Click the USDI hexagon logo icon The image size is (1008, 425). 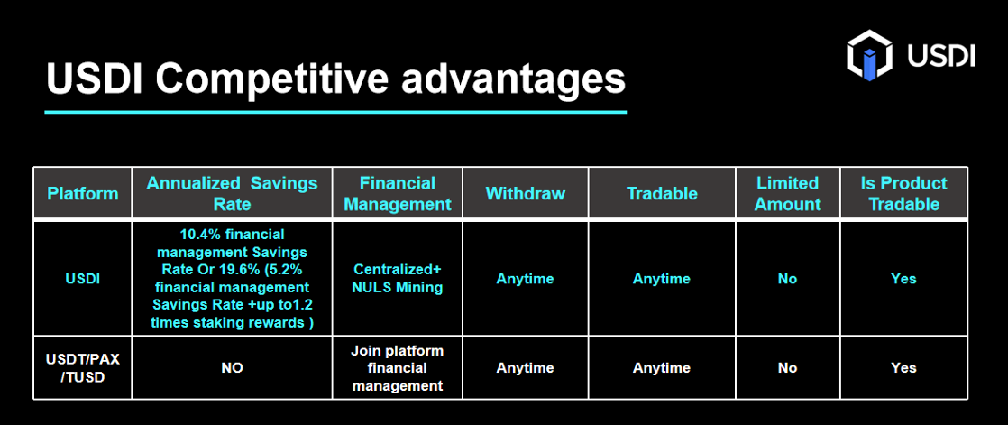click(870, 55)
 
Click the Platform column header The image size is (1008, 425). click(83, 193)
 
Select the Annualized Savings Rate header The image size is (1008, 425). click(232, 193)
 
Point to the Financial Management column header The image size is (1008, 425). click(398, 193)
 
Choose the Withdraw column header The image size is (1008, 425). click(526, 193)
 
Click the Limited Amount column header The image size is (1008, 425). click(787, 193)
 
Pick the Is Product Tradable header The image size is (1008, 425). click(903, 193)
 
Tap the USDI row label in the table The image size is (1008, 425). click(83, 279)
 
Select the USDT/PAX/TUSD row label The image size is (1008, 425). click(83, 368)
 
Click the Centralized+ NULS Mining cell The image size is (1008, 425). click(398, 278)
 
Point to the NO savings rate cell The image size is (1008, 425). click(232, 368)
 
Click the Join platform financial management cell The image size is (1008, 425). click(398, 368)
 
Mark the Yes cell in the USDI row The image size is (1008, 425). click(903, 279)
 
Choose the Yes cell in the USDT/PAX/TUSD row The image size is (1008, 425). click(903, 368)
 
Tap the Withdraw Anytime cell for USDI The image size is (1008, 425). click(526, 279)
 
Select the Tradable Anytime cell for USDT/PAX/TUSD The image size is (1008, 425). click(662, 368)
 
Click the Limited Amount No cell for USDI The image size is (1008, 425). click(787, 279)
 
